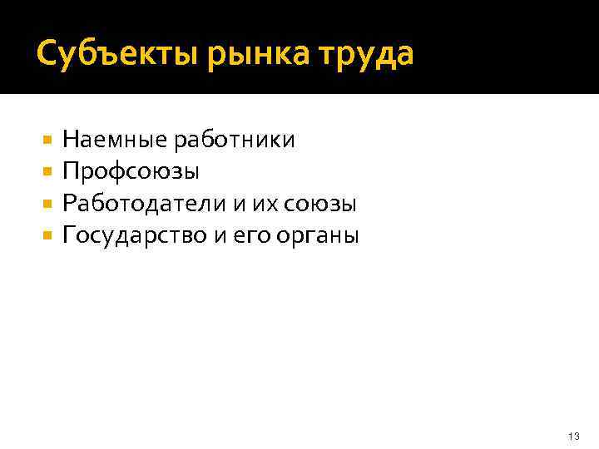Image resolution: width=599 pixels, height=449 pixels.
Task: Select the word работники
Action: pyautogui.click(x=234, y=140)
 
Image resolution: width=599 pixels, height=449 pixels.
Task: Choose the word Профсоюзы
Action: pyautogui.click(x=131, y=172)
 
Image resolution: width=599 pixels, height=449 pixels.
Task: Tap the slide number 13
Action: pyautogui.click(x=572, y=437)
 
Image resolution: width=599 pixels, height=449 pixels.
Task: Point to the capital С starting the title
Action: pyautogui.click(x=47, y=55)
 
